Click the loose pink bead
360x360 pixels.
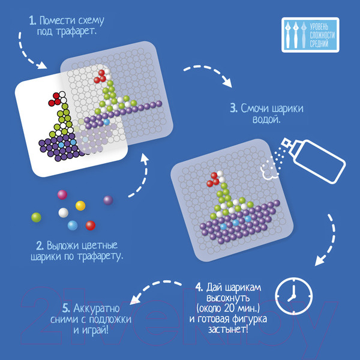(62, 194)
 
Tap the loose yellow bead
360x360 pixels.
(80, 205)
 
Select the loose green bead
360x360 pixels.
(36, 217)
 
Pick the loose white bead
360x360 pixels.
(64, 212)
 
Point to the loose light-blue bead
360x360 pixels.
(73, 225)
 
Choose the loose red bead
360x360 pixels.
(91, 226)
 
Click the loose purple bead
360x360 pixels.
(108, 200)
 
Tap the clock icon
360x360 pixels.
(293, 296)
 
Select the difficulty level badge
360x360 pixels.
(310, 35)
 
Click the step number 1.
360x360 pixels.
(32, 21)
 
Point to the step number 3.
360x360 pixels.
(234, 109)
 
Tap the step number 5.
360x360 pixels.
(66, 308)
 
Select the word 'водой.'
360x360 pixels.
(266, 119)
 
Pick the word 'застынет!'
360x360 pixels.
(228, 329)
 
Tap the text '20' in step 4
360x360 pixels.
(230, 308)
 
